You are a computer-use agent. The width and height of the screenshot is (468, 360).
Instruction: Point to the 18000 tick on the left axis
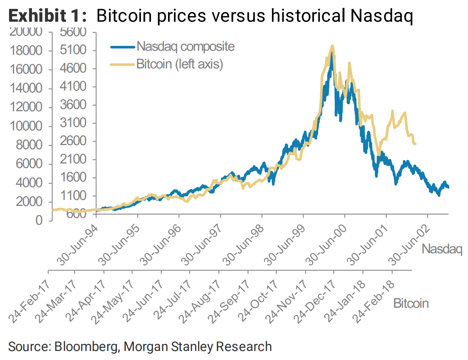pos(28,51)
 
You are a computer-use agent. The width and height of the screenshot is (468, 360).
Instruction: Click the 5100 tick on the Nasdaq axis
pos(73,50)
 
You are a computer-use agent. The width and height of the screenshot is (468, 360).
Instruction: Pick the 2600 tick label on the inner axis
pos(73,141)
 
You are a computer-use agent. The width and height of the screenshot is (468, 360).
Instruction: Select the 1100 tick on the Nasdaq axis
pos(73,195)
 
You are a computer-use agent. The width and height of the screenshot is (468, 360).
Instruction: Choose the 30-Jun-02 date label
pos(409,245)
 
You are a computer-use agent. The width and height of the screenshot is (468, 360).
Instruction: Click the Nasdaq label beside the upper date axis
pos(442,249)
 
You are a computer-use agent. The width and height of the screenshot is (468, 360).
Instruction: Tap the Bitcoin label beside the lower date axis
pos(411,303)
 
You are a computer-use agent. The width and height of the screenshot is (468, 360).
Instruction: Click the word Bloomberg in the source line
pos(86,346)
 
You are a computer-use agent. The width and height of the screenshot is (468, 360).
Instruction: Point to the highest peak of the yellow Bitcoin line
pos(332,46)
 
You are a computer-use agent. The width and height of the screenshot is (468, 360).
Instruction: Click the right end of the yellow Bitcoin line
pos(415,144)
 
